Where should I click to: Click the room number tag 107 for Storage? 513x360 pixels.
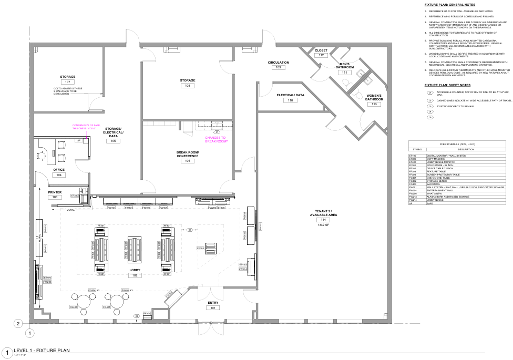(x=67, y=83)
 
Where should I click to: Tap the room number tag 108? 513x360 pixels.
(x=188, y=86)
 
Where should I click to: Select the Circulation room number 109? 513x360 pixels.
(x=278, y=68)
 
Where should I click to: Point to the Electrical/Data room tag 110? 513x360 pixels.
(x=291, y=100)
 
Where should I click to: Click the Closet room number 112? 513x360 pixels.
(x=321, y=55)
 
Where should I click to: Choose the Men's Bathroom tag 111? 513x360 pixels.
(x=345, y=73)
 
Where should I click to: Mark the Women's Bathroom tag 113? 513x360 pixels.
(x=374, y=104)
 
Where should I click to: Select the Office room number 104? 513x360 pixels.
(x=59, y=175)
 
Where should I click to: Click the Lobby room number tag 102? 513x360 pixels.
(x=135, y=275)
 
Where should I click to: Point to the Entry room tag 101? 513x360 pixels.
(x=213, y=308)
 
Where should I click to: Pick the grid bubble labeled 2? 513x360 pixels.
(x=18, y=323)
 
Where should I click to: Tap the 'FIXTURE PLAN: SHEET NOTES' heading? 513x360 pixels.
(x=447, y=85)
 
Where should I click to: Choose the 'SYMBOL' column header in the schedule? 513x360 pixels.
(x=417, y=149)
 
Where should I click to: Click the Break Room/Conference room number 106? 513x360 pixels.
(x=188, y=161)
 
